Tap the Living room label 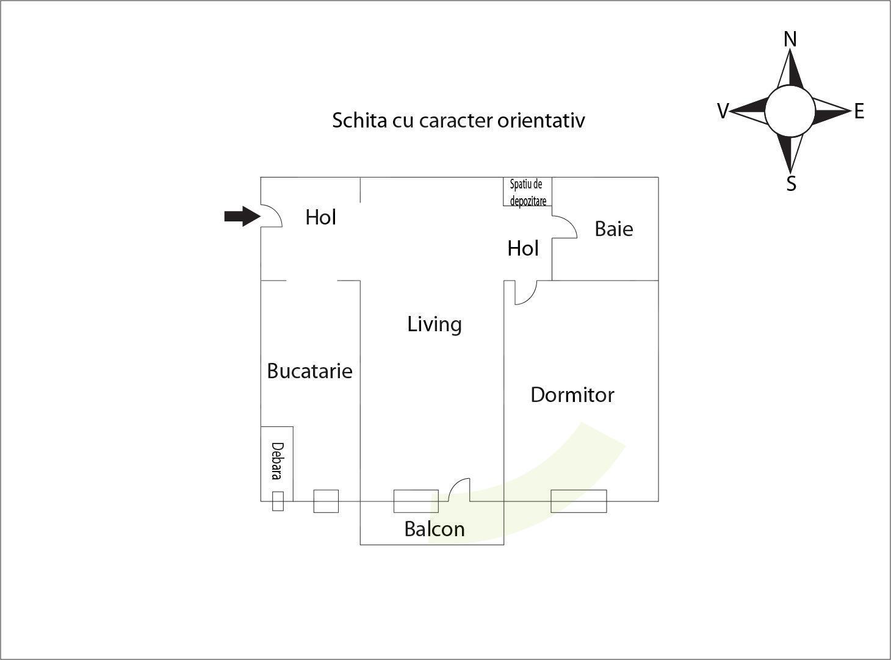435,325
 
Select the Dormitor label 572,395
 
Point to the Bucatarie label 310,371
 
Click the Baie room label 614,229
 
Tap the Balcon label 435,529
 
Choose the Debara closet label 277,461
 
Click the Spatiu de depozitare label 528,192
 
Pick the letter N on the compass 790,40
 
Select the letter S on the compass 791,184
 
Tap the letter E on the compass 859,111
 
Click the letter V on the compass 723,111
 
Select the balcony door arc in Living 455,484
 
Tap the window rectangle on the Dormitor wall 579,501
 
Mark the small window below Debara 278,501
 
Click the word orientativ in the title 541,120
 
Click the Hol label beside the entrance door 320,217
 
